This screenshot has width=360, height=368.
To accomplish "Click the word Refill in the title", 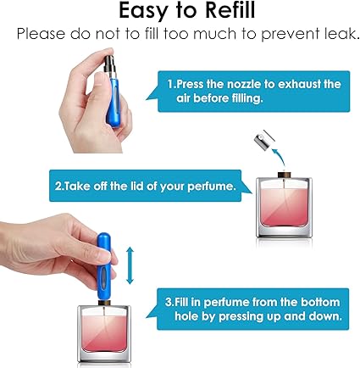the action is pos(230,10).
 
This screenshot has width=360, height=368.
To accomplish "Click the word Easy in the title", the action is pos(143,11).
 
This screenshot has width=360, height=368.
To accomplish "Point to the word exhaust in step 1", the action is pos(297,84).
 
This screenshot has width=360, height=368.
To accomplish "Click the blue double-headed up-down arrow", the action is pos(130,265).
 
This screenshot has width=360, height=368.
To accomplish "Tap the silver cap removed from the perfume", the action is pos(264,138).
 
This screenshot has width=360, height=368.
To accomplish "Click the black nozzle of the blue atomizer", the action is pos(109,64).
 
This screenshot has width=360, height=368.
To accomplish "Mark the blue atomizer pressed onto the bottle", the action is pos(104,266).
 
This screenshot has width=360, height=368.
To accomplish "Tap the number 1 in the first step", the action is pos(170,84).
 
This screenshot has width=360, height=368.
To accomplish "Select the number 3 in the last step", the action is pos(169,302).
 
